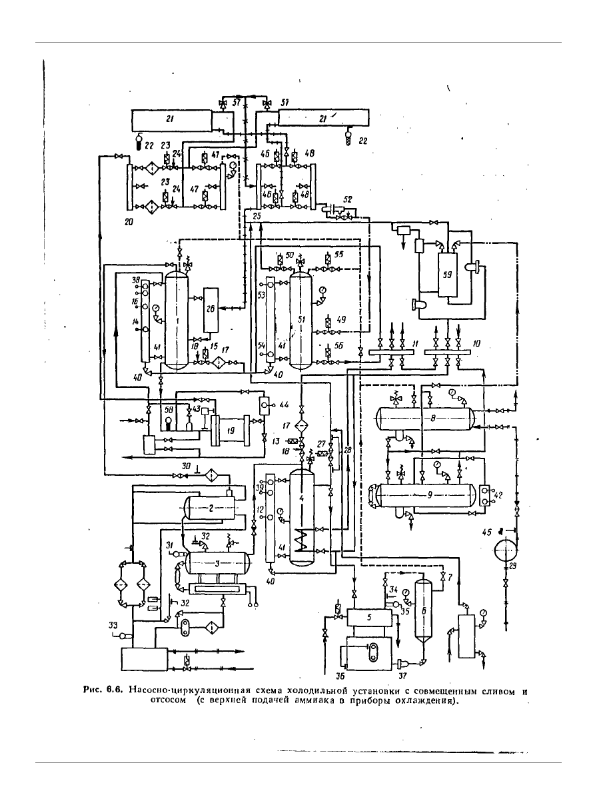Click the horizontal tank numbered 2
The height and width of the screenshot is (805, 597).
pos(211,508)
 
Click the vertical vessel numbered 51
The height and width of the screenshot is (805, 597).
pos(301,319)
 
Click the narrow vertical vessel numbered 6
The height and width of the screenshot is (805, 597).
pos(420,608)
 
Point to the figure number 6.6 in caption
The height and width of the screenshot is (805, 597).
pos(111,691)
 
